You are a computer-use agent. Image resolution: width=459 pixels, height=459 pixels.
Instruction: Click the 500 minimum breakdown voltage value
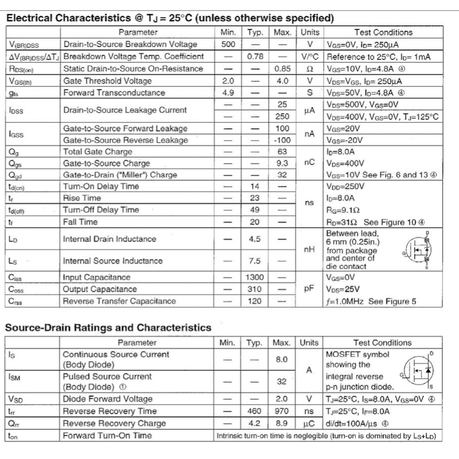(228, 44)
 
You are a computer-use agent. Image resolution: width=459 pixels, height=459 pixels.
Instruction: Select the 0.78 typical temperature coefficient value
(255, 57)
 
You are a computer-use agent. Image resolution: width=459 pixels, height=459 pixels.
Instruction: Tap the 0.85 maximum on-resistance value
(282, 69)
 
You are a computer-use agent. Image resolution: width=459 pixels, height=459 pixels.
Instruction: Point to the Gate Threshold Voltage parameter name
(107, 81)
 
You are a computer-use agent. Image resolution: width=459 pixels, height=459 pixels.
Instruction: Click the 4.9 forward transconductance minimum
(228, 93)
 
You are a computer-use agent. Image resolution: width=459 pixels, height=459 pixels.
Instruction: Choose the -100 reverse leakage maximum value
(282, 140)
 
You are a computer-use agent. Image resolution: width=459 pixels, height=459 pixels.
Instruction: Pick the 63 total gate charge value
(282, 152)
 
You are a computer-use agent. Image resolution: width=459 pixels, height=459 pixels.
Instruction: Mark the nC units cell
(310, 163)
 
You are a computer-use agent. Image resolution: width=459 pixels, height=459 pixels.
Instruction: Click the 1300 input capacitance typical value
(255, 277)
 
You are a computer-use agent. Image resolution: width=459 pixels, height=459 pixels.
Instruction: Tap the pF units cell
(310, 288)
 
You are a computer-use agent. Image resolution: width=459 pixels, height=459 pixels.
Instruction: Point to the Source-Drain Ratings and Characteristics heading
(108, 328)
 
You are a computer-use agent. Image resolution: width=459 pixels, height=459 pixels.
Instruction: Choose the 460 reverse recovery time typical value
(254, 411)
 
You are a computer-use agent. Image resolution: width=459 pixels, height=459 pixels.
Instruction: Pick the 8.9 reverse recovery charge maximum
(282, 423)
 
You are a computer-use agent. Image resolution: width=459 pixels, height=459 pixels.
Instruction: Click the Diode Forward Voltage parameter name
(107, 399)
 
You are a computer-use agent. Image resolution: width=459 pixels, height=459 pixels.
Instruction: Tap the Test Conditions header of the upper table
(383, 33)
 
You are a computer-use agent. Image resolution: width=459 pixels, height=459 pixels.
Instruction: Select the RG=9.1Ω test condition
(343, 210)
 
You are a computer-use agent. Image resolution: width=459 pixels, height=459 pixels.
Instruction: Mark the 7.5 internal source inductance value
(255, 261)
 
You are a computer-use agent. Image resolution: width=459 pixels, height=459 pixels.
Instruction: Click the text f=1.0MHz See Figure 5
(371, 301)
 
